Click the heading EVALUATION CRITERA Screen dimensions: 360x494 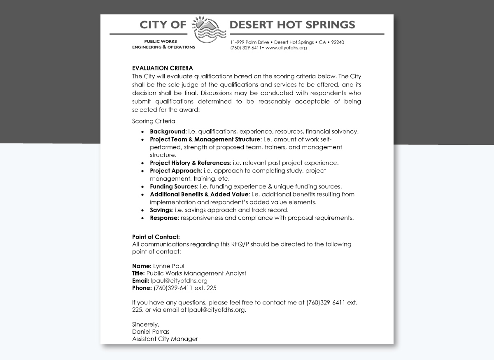162,68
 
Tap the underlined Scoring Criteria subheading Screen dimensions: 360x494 154,121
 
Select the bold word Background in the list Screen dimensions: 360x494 168,132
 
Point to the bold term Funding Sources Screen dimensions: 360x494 173,186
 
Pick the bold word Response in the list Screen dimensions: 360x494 163,218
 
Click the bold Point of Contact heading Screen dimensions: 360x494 156,237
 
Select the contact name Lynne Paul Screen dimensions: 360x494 169,266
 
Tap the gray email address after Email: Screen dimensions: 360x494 179,281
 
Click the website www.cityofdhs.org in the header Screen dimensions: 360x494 286,48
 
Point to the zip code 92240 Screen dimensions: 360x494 338,42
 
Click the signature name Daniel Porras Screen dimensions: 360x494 151,332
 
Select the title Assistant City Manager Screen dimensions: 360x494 165,339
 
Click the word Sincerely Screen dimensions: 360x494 145,324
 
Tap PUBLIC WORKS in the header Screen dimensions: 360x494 161,41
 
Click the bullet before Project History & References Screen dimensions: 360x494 142,163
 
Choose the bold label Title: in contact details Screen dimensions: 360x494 138,273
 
